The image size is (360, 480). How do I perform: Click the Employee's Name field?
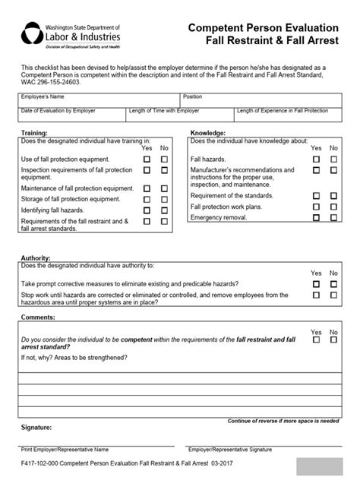[99, 102]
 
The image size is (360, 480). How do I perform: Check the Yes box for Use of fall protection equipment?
[147, 159]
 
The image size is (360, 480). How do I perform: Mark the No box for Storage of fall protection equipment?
[164, 199]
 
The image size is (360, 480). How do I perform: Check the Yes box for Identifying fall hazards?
[147, 209]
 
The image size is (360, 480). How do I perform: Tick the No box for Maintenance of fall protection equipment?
[164, 188]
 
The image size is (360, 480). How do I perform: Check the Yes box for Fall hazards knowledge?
[317, 159]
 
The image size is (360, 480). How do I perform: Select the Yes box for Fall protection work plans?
[317, 207]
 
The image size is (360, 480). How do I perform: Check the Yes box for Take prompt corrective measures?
[317, 283]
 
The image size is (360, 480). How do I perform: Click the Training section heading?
[34, 133]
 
